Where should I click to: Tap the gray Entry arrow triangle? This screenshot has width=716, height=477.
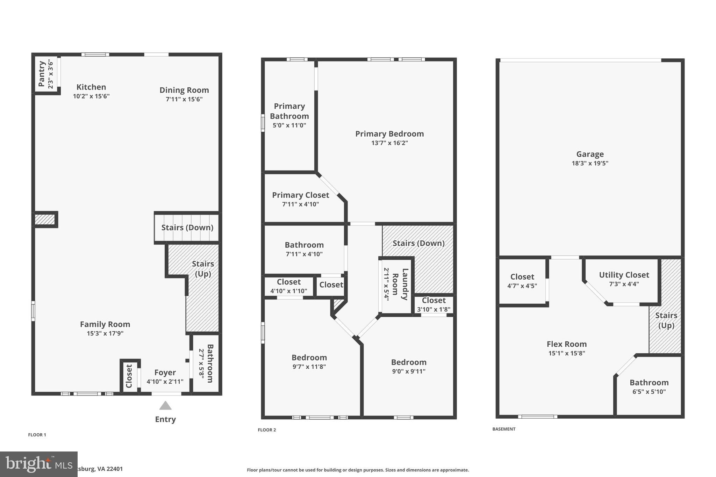click(165, 406)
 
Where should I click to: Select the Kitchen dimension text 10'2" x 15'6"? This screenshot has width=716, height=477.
click(91, 96)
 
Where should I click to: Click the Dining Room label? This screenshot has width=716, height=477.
click(184, 90)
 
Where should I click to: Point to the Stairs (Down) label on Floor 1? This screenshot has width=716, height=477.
click(187, 227)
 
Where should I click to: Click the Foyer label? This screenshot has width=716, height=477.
click(165, 373)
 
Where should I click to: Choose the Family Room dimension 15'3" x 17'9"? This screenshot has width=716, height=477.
click(105, 333)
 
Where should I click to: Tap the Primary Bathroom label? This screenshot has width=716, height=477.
click(289, 111)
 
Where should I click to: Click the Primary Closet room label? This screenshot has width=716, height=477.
click(301, 195)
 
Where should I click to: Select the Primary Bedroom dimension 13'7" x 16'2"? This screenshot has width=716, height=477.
click(389, 143)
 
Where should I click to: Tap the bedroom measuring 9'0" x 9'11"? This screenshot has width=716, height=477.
click(409, 362)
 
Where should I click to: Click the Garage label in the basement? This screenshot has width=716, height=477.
click(590, 154)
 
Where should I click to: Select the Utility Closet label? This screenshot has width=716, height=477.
click(624, 275)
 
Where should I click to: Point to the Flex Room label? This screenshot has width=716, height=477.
click(567, 344)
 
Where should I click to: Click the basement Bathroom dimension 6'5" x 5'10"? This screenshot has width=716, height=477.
click(649, 392)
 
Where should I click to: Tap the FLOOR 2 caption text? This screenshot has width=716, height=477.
click(267, 430)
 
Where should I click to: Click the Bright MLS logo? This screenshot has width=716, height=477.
click(38, 464)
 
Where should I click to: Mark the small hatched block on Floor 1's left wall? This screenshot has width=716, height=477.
click(45, 219)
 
